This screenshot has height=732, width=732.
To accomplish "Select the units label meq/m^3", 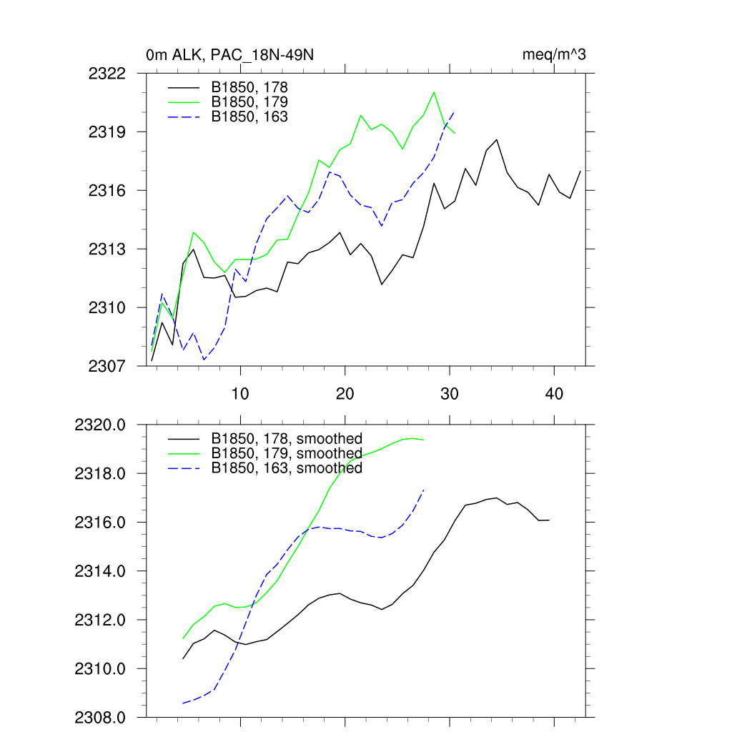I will (555, 54).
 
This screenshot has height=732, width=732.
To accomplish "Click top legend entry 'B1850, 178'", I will (249, 87).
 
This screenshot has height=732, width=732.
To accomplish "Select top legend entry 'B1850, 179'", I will (249, 102).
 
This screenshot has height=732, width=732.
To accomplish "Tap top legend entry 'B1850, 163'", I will (249, 116).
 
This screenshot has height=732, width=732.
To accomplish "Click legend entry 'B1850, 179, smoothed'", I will (287, 453).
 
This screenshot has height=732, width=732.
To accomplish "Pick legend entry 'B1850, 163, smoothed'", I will (287, 468).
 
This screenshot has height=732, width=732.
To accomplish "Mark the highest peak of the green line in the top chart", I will (434, 92).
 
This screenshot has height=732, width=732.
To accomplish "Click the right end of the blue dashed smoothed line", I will (424, 490).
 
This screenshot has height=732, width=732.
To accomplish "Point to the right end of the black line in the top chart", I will (580, 171).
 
